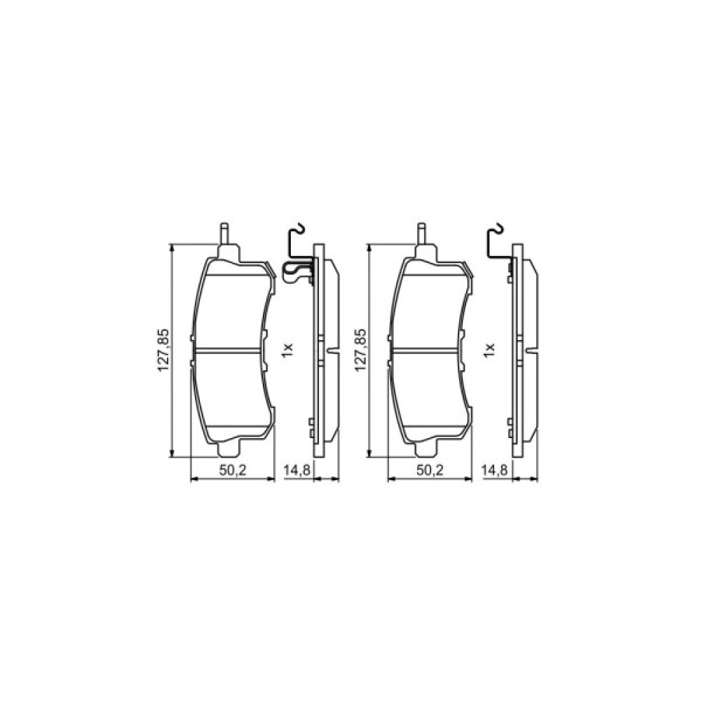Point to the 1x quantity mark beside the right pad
[x=489, y=349]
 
